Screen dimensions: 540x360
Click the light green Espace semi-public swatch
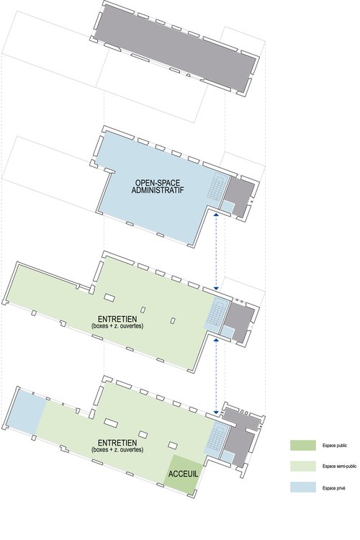pyautogui.click(x=304, y=467)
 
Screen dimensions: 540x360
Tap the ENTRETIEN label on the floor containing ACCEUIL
pyautogui.click(x=118, y=442)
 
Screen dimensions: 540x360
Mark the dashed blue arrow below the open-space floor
pyautogui.click(x=217, y=252)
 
